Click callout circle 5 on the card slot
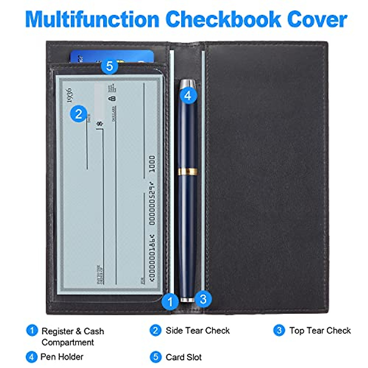pyautogui.click(x=109, y=66)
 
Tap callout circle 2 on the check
pyautogui.click(x=79, y=114)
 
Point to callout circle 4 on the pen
pyautogui.click(x=188, y=95)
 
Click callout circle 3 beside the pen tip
pyautogui.click(x=203, y=299)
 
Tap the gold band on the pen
pyautogui.click(x=188, y=171)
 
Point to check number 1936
pyautogui.click(x=69, y=96)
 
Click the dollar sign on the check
pyautogui.click(x=99, y=124)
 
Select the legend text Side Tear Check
pyautogui.click(x=197, y=331)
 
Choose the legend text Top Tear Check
pyautogui.click(x=320, y=331)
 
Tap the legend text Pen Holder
pyautogui.click(x=62, y=357)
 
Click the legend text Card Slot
pyautogui.click(x=183, y=357)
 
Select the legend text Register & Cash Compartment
pyautogui.click(x=72, y=337)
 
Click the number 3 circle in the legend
pyautogui.click(x=279, y=331)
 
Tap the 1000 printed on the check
pyautogui.click(x=152, y=164)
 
